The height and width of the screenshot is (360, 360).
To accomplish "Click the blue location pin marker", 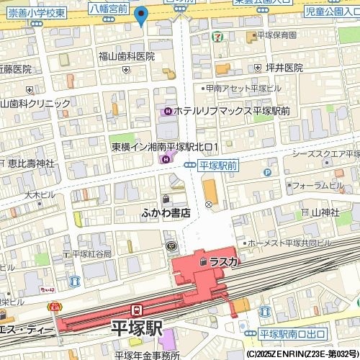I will point(141,14).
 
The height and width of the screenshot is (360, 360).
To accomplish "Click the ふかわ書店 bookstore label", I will point(166,212).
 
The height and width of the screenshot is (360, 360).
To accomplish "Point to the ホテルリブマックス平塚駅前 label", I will point(230,111).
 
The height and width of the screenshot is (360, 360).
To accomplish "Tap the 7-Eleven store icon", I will point(217,35).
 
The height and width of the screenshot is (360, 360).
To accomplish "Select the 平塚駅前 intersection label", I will point(218,166).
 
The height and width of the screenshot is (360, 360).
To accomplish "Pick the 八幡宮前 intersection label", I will point(109,9).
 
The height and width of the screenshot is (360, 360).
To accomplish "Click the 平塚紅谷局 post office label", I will point(91,254).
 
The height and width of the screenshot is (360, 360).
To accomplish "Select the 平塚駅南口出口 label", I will point(292,334).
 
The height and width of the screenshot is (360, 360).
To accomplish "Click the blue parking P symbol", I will point(267,173).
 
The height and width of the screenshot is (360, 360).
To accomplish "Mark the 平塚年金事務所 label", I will point(147,354).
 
